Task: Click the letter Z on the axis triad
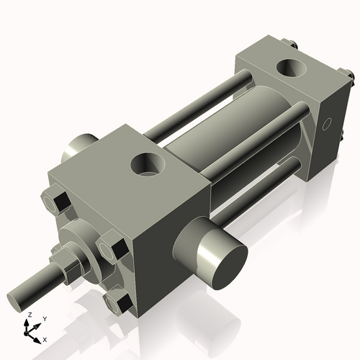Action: click(29, 315)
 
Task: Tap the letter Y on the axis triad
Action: click(44, 318)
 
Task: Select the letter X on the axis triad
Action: click(45, 338)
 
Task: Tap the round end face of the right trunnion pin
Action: click(222, 258)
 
